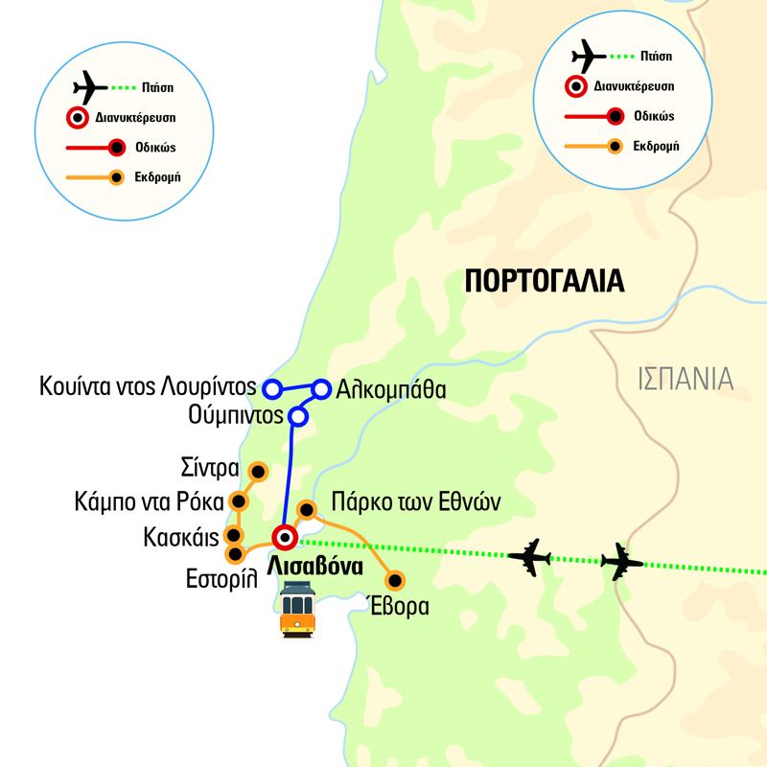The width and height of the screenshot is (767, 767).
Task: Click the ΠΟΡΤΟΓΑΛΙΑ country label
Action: pos(544,280)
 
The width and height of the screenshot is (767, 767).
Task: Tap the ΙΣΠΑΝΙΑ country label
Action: pos(686,379)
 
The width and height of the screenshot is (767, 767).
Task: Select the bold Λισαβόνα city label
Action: pos(315,567)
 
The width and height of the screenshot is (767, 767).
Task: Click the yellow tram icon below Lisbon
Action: pos(298,609)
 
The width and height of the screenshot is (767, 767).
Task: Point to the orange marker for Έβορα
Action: pos(394,581)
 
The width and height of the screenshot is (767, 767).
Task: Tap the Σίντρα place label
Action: pos(209,470)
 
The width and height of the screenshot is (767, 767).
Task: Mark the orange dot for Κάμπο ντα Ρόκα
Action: pos(239,501)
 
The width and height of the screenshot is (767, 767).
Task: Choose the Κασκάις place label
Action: pos(183,535)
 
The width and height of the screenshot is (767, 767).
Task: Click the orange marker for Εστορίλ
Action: pos(233,554)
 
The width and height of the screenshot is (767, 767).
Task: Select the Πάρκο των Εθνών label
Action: pos(415,501)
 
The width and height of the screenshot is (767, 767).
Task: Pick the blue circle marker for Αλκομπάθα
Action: pos(321,389)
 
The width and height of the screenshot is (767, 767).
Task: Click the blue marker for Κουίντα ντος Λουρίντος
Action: pos(272,388)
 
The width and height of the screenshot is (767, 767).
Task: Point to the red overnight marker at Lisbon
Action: pos(284,537)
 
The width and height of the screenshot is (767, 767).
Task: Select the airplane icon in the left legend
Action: pos(90,89)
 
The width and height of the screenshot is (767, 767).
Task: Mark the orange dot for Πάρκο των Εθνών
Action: pos(307,509)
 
